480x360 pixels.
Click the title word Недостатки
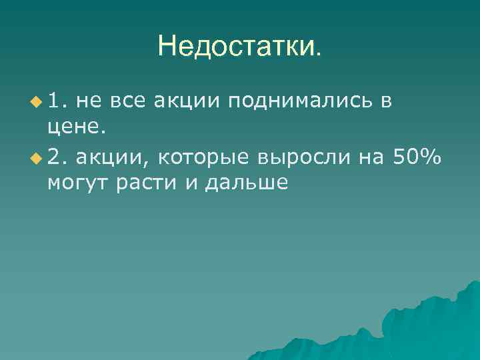coord(239,46)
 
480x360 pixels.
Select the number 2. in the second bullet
coord(58,157)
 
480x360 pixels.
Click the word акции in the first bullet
coord(187,101)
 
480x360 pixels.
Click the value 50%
coord(417,157)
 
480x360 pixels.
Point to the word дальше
coord(247,184)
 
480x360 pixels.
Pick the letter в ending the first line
coord(386,101)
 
